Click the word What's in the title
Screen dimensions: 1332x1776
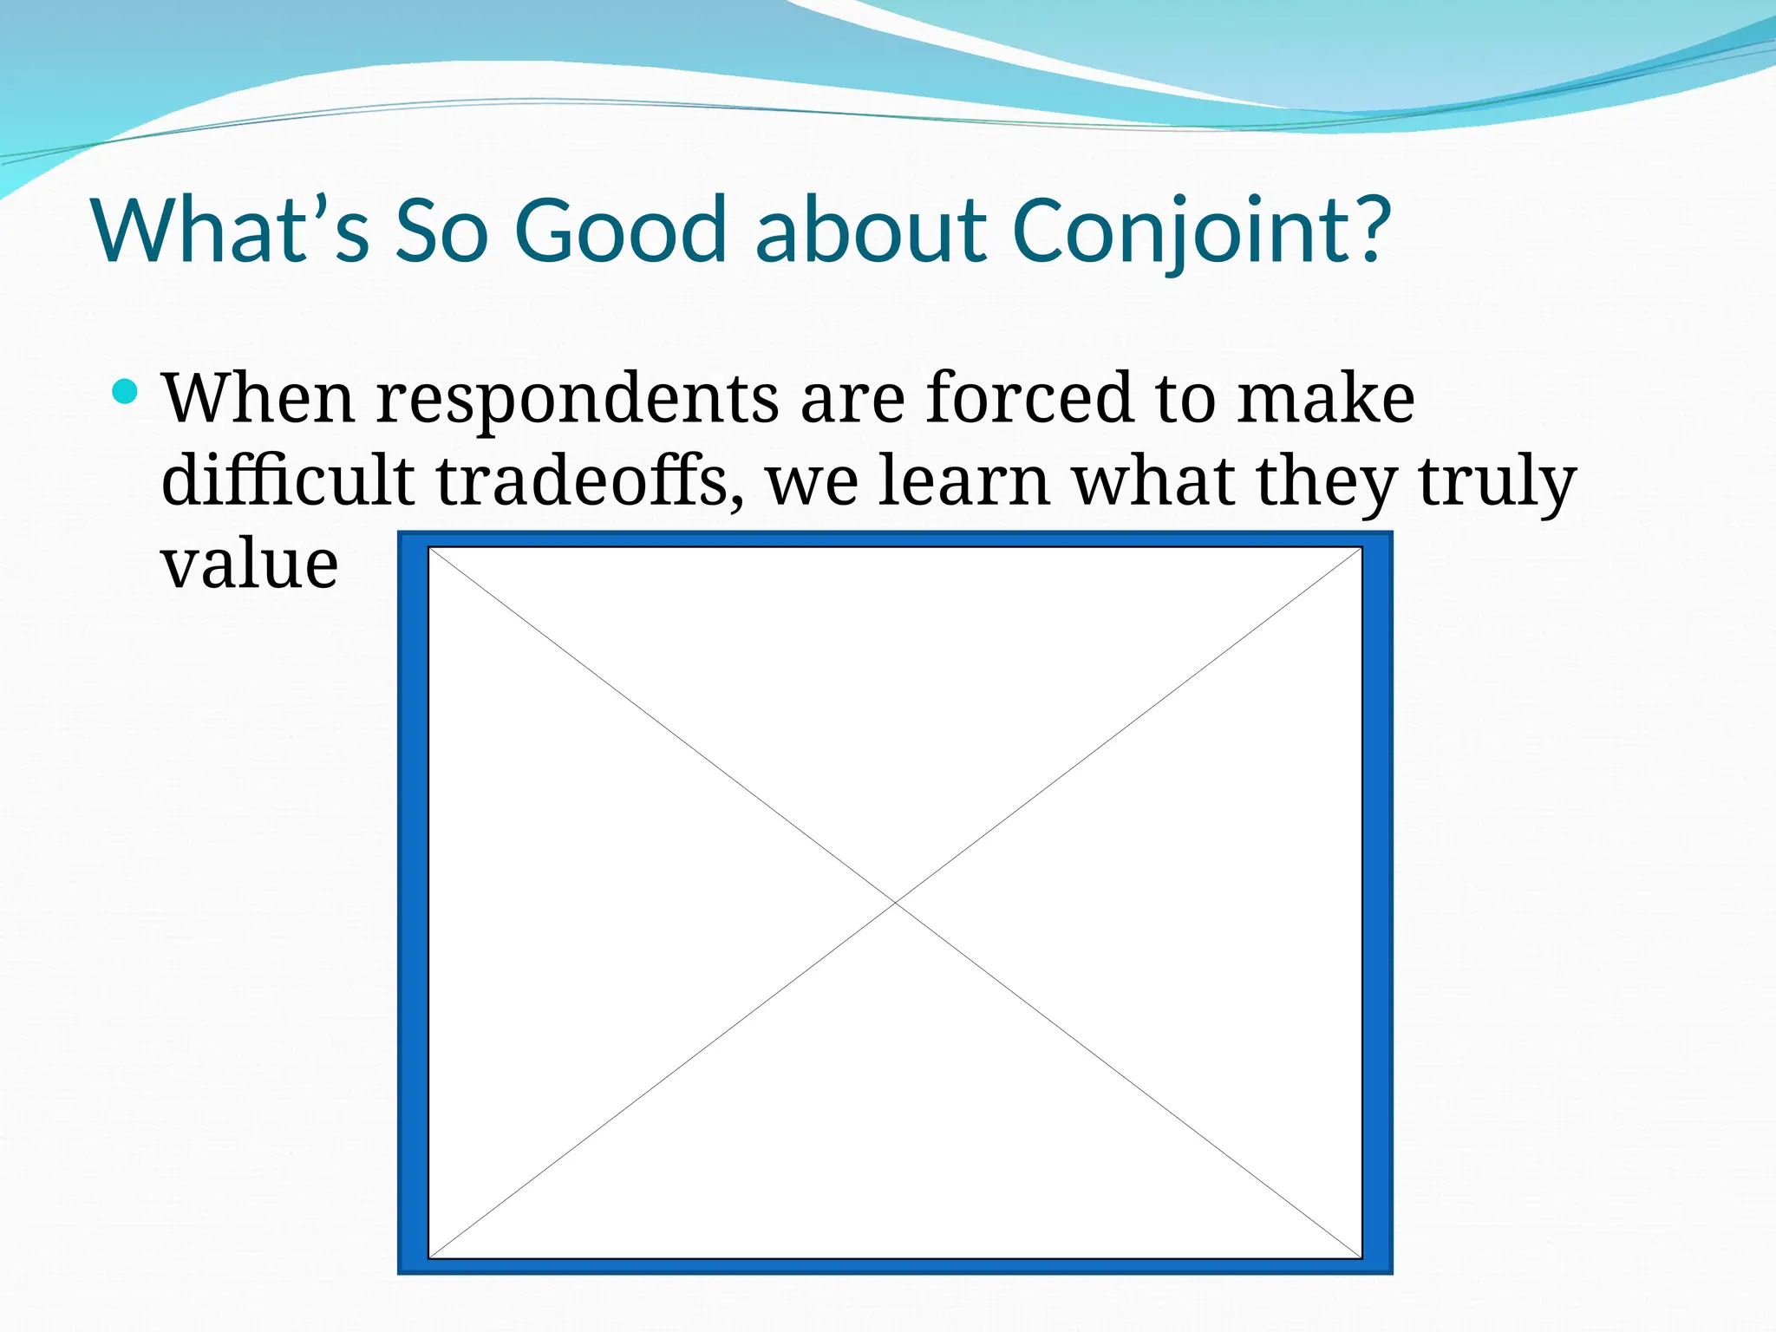(232, 230)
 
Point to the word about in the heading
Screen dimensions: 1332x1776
(871, 230)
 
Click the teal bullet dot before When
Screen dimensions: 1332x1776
(126, 392)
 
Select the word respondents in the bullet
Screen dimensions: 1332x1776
(578, 399)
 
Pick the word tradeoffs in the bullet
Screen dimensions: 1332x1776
(582, 480)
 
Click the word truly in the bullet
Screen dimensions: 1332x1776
(1497, 482)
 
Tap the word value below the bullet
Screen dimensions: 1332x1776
(250, 564)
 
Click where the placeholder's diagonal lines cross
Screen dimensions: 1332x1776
(895, 903)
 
